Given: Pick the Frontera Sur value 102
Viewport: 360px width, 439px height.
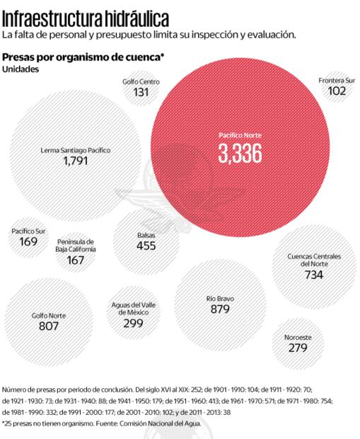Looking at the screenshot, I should point(337,91).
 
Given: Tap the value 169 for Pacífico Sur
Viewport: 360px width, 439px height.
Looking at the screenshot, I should point(29,241).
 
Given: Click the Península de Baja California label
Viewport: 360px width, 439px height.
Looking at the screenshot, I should point(76,245).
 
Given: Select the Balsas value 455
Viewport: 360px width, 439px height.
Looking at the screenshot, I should point(146,246).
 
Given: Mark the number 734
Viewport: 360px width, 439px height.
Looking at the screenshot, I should point(314,275).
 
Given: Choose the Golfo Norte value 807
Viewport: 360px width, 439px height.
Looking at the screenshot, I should point(48,326).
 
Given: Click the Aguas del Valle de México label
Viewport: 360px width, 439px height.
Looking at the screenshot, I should point(133,308).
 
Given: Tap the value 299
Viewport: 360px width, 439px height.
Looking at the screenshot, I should point(133,323).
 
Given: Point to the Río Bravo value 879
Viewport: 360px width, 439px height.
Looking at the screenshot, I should point(220,309).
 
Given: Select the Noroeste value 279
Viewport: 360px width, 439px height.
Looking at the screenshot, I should point(298,348).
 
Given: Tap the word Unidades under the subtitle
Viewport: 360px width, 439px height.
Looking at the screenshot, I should point(19,69).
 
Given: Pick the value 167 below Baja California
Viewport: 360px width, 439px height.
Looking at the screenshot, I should point(76,260).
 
